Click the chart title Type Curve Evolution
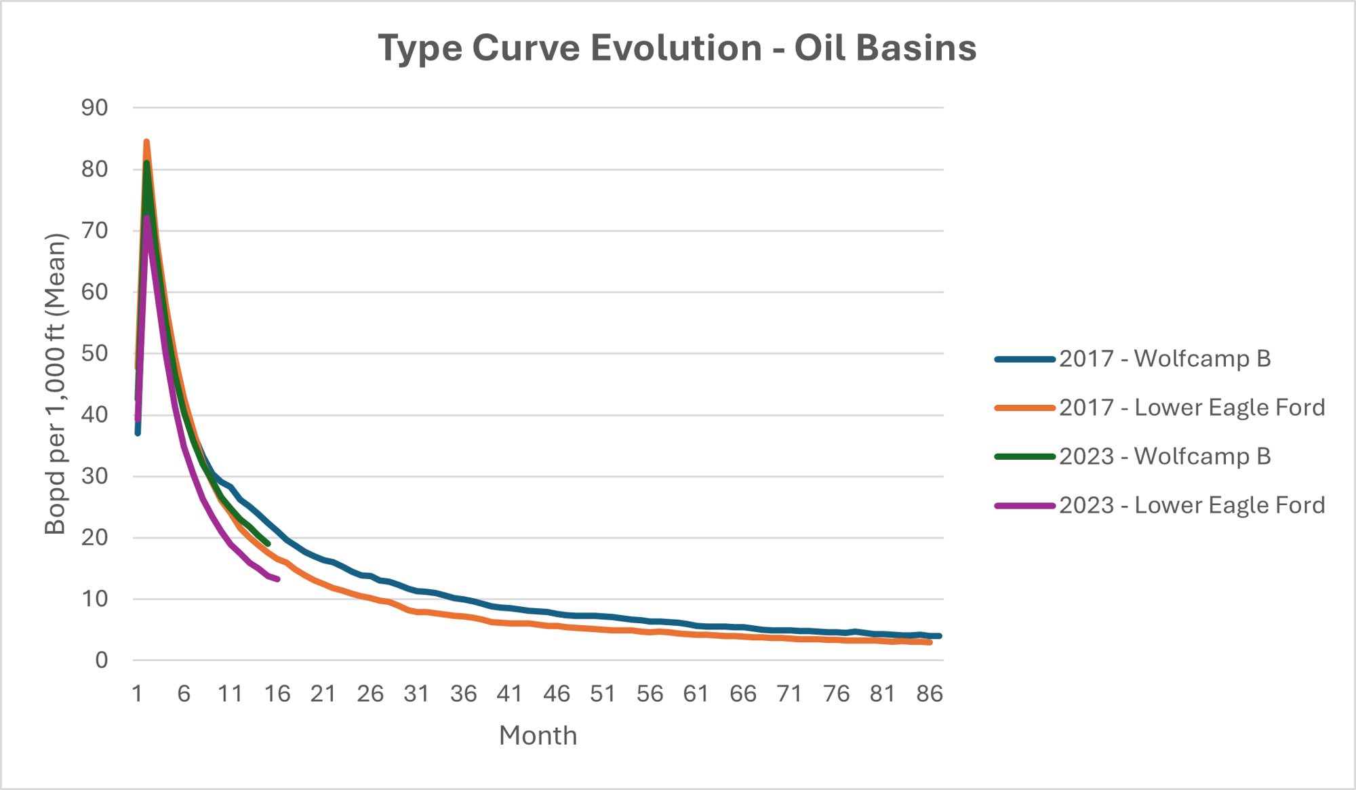[x=570, y=48]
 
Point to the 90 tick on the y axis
[x=95, y=107]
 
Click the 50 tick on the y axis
[x=95, y=353]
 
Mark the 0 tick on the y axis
[x=101, y=660]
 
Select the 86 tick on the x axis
[x=929, y=694]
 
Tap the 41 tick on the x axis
[x=509, y=694]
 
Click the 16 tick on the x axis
[x=277, y=694]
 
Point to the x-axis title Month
[x=538, y=736]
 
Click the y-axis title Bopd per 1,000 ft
[x=56, y=384]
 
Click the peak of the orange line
[x=146, y=142]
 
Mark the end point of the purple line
[x=278, y=578]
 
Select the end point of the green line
[x=268, y=544]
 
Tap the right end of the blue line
[x=939, y=636]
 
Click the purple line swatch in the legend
[x=1024, y=505]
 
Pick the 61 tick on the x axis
[x=696, y=694]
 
